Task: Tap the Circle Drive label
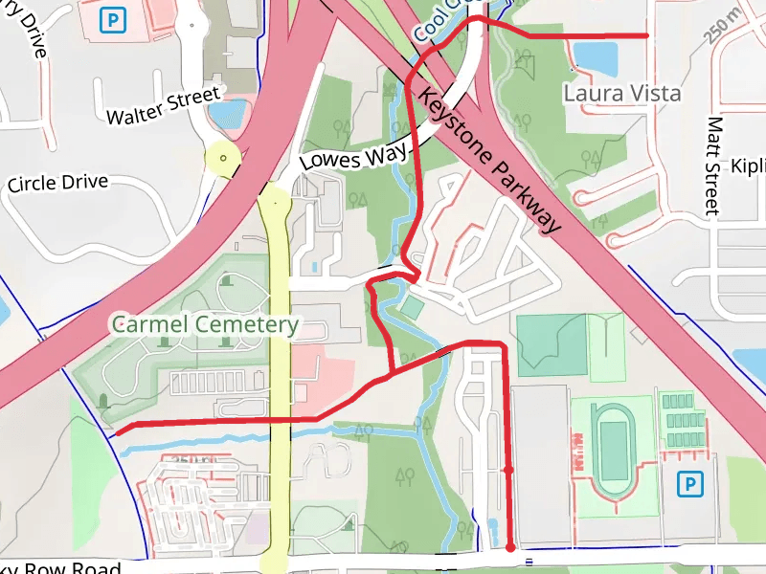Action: tap(71, 182)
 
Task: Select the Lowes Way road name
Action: tap(353, 154)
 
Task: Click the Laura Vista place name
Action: tap(621, 94)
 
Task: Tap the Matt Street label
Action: tap(712, 165)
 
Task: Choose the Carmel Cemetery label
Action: tap(205, 324)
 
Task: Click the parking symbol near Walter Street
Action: tap(115, 18)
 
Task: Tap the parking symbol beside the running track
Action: tap(688, 485)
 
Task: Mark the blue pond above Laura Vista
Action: tap(597, 57)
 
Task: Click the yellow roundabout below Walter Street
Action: tap(222, 158)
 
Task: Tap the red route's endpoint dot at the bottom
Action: tap(510, 547)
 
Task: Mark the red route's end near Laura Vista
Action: tap(647, 35)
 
